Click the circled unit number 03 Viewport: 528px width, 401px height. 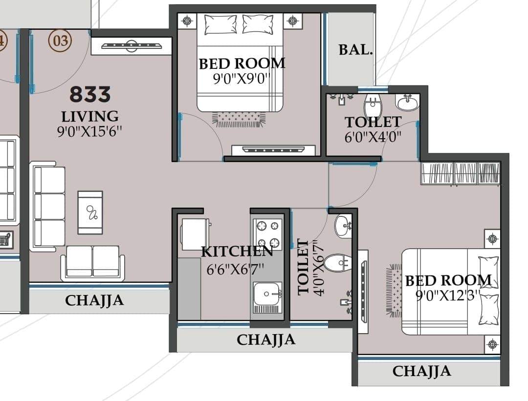[x=60, y=41]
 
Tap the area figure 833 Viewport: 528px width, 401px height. [x=90, y=94]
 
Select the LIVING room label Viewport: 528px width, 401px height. [x=90, y=116]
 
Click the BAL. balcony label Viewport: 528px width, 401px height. [x=355, y=50]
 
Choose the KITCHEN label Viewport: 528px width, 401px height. [x=237, y=252]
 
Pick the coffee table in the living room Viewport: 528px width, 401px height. [x=90, y=212]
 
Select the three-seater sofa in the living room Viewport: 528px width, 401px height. [x=47, y=206]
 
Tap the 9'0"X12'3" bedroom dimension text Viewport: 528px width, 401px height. [x=447, y=295]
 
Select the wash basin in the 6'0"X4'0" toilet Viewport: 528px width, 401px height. [x=408, y=102]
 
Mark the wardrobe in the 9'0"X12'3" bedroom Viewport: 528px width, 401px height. [x=461, y=173]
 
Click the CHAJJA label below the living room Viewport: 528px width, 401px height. [x=94, y=300]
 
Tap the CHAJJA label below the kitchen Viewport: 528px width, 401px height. [x=266, y=340]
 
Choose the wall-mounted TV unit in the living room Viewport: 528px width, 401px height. [x=132, y=46]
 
